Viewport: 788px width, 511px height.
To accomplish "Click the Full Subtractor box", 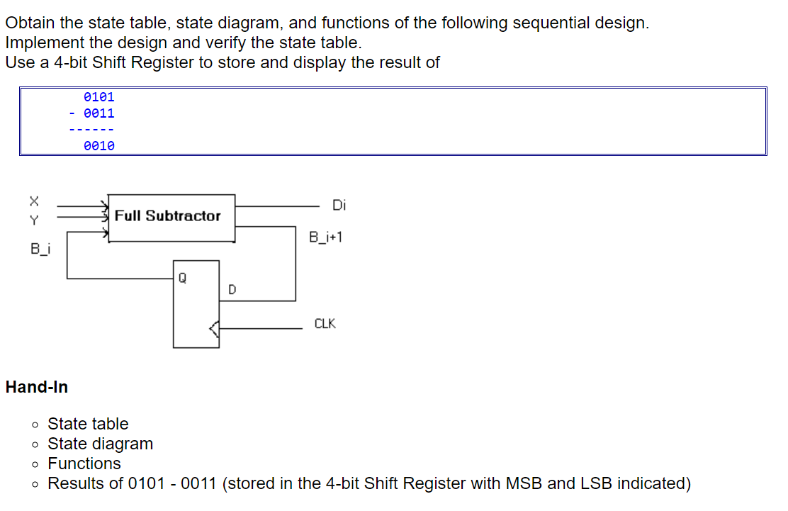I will [171, 217].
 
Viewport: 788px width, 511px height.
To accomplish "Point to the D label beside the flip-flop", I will [232, 289].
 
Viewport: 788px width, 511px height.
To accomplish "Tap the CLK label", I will [325, 324].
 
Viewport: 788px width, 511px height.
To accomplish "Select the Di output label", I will [339, 206].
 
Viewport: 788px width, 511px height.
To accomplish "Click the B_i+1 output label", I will [326, 236].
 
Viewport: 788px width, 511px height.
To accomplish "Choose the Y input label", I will [33, 220].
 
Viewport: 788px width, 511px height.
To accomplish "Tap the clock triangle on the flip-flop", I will [214, 328].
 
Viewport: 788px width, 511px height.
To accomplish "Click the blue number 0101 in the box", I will [98, 97].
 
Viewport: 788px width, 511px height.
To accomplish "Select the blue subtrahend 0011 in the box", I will [98, 113].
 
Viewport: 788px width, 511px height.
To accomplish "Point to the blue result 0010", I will [98, 146].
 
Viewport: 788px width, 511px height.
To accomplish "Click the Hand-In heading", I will [37, 387].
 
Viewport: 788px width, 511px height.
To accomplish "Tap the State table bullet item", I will [88, 424].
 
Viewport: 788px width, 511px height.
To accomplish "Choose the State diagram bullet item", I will [100, 444].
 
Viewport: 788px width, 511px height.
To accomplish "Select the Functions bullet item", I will [84, 464].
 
